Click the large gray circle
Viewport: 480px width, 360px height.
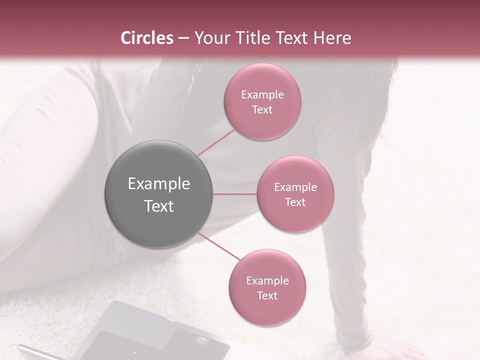click(x=158, y=194)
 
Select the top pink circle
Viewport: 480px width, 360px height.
click(x=262, y=101)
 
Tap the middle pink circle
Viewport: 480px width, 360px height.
click(x=295, y=194)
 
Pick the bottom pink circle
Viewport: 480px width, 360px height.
click(x=267, y=287)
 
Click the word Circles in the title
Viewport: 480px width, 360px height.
click(x=147, y=38)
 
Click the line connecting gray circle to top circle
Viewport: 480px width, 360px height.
click(x=216, y=142)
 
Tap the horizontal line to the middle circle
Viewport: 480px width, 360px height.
click(x=235, y=194)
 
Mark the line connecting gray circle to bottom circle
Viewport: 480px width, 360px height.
click(x=219, y=246)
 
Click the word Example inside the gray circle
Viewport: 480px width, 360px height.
click(x=158, y=184)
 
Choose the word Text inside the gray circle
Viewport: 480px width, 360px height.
click(x=158, y=206)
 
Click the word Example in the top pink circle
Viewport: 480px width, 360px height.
click(x=262, y=95)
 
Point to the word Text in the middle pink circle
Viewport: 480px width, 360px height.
click(x=295, y=202)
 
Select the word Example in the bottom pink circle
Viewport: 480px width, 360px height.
click(x=267, y=281)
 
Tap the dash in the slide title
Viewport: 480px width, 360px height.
click(x=183, y=38)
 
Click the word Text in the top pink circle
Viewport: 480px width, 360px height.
click(x=262, y=109)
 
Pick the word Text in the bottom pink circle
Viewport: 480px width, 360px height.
click(x=267, y=295)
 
